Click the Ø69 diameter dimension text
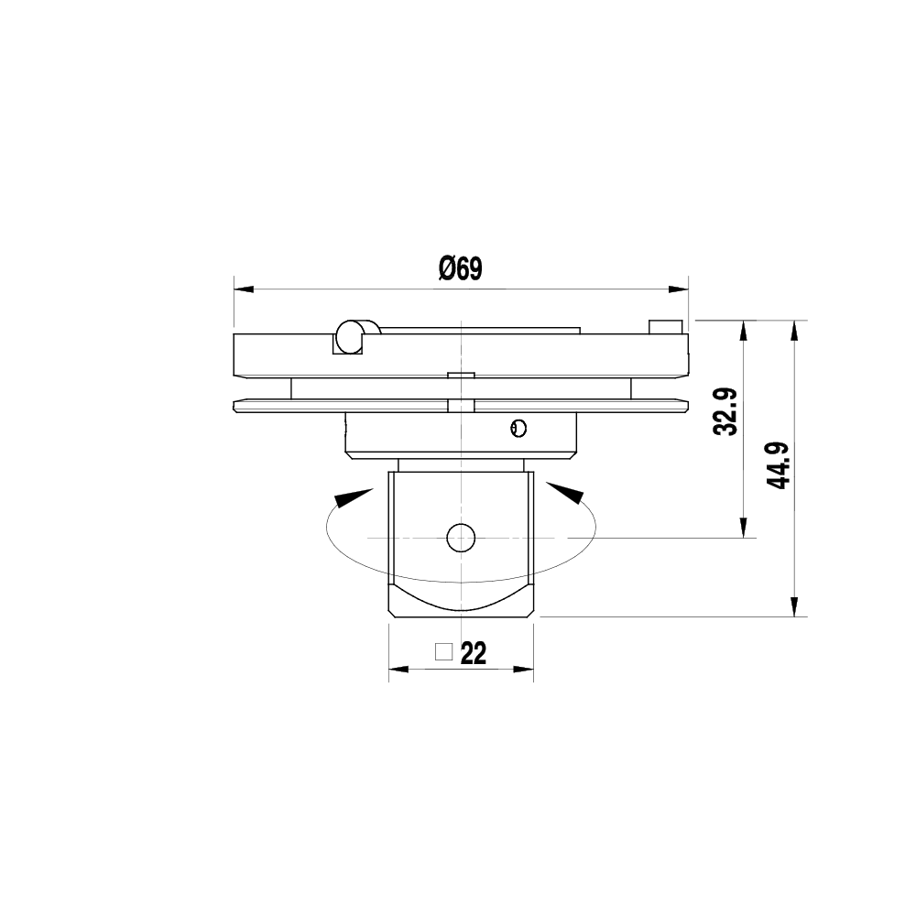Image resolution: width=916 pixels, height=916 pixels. tap(460, 268)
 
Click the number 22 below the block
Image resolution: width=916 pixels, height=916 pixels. tap(474, 653)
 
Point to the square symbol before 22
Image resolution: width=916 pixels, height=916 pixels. tap(444, 652)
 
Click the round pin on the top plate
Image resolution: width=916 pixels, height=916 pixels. tap(349, 336)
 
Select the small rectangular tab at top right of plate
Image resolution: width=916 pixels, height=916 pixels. tap(665, 327)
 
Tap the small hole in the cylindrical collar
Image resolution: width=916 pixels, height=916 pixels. tap(518, 427)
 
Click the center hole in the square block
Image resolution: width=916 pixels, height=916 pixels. tap(462, 538)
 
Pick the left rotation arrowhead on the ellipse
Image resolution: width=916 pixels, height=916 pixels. tap(351, 497)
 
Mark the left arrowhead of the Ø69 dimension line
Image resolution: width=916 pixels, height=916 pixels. tap(244, 289)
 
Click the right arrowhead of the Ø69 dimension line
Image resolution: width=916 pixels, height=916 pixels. tap(678, 289)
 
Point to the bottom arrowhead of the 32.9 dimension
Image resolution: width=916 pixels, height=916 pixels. tap(745, 528)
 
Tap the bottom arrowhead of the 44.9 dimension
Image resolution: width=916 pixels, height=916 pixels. tap(795, 606)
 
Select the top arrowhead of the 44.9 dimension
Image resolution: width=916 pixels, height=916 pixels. tap(795, 330)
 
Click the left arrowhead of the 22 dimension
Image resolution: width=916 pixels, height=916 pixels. tap(398, 670)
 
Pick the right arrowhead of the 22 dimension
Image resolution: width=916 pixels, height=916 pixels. tap(524, 670)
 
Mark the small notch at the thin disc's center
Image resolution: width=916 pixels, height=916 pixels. tap(461, 405)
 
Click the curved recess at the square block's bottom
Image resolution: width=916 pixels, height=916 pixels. tap(461, 599)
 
